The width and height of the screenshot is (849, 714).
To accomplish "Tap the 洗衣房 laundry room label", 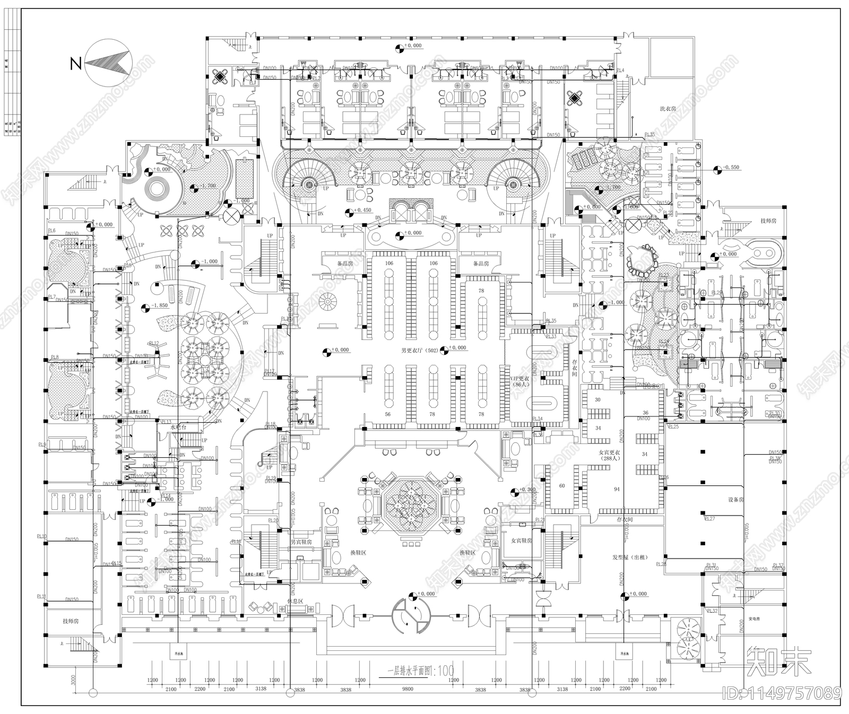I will pyautogui.click(x=668, y=108).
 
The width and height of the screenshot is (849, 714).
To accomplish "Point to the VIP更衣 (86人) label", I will pyautogui.click(x=520, y=382).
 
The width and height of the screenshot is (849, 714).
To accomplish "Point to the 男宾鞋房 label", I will pyautogui.click(x=301, y=542).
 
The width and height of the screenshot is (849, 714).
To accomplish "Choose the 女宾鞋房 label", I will pyautogui.click(x=521, y=541).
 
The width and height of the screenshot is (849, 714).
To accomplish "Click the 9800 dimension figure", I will pyautogui.click(x=408, y=689).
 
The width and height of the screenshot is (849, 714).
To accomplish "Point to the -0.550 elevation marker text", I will pyautogui.click(x=731, y=168).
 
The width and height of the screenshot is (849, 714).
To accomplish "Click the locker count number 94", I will pyautogui.click(x=617, y=489).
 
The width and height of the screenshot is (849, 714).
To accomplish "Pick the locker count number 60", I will pyautogui.click(x=562, y=486).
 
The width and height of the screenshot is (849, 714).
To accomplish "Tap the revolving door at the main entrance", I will pyautogui.click(x=412, y=614).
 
